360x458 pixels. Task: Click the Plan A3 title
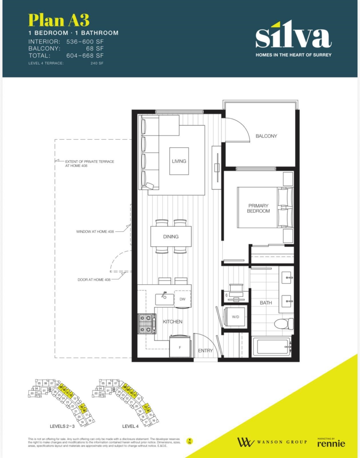pyautogui.click(x=59, y=20)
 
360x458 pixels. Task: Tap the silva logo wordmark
pyautogui.click(x=293, y=36)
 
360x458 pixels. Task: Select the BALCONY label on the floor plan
pyautogui.click(x=266, y=136)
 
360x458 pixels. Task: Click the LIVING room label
pyautogui.click(x=179, y=161)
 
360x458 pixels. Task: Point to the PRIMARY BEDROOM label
pyautogui.click(x=258, y=208)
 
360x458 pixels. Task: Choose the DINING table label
pyautogui.click(x=170, y=237)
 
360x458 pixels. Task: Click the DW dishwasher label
pyautogui.click(x=183, y=299)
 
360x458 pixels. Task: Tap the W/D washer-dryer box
pyautogui.click(x=235, y=316)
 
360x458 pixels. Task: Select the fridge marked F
pyautogui.click(x=180, y=347)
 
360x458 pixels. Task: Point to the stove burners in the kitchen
pyautogui.click(x=147, y=324)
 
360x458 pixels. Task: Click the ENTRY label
pyautogui.click(x=205, y=351)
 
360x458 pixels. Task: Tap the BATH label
pyautogui.click(x=266, y=303)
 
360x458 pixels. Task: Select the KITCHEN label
pyautogui.click(x=172, y=322)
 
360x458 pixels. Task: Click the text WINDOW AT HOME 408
pyautogui.click(x=95, y=232)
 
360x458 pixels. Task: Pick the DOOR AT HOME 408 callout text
pyautogui.click(x=94, y=280)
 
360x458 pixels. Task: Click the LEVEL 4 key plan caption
pyautogui.click(x=130, y=426)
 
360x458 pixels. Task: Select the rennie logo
pyautogui.click(x=331, y=443)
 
